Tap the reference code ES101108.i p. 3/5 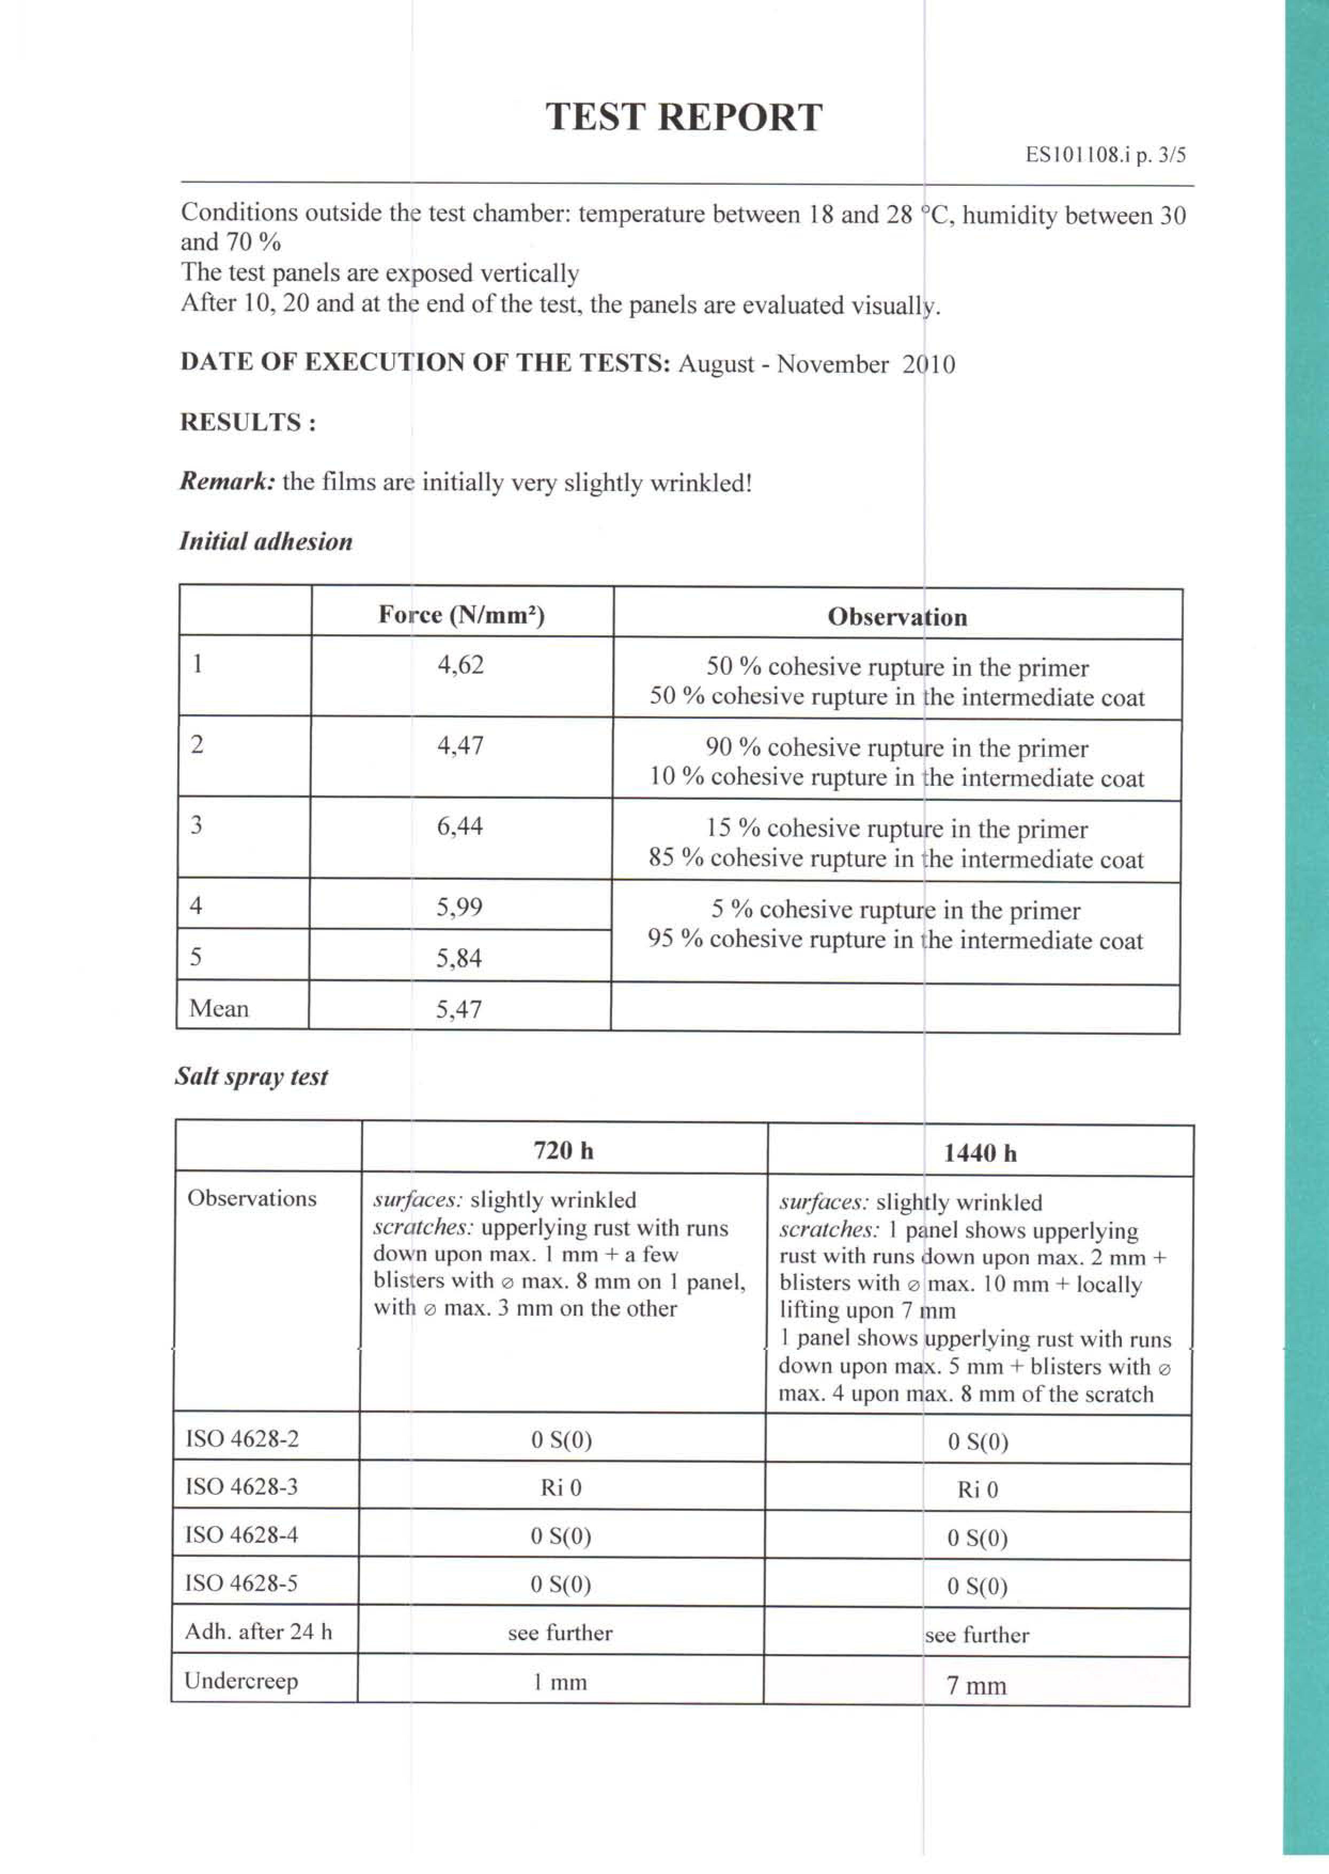click(1105, 155)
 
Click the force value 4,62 click(461, 664)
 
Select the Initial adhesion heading click(266, 542)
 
